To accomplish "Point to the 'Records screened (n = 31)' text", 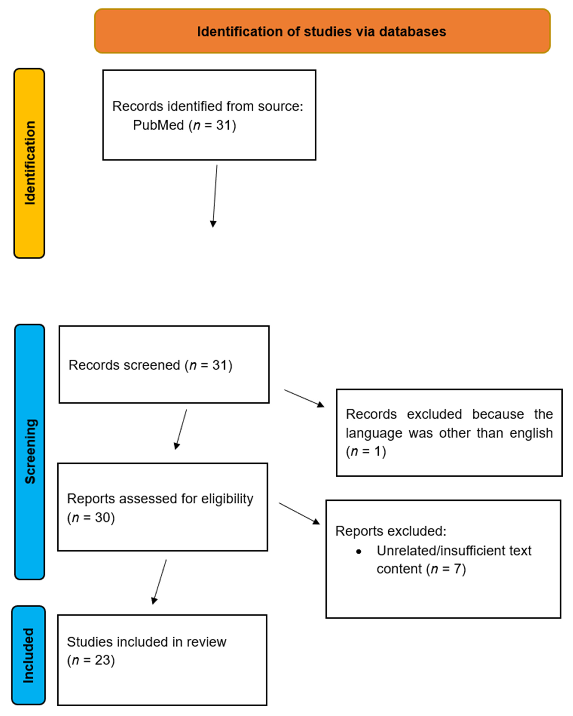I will (x=150, y=365).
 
